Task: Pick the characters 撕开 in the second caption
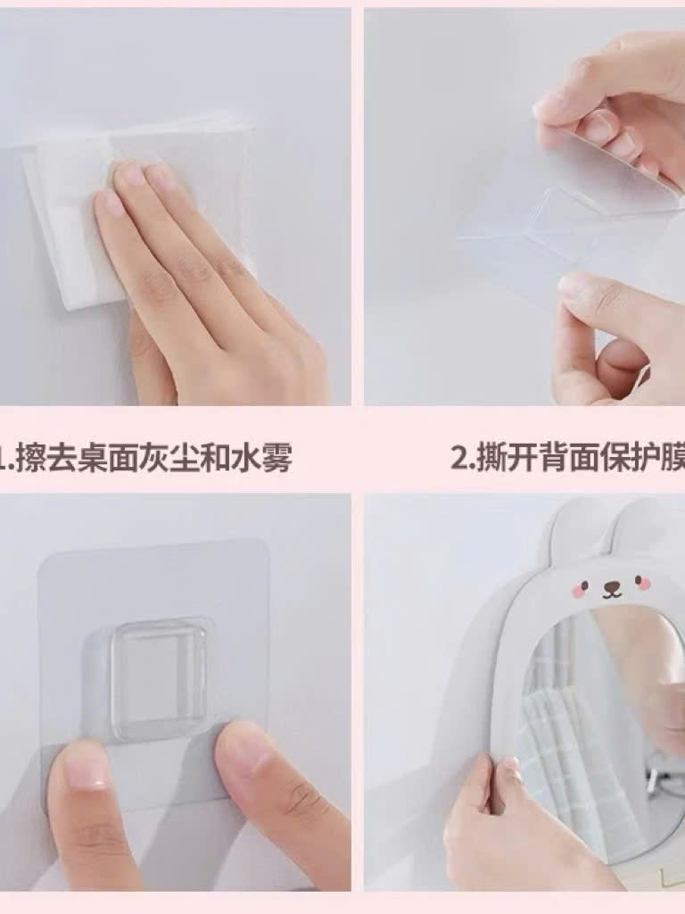[x=502, y=459]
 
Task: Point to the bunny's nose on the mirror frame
[x=611, y=588]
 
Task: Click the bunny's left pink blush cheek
[x=582, y=587]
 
